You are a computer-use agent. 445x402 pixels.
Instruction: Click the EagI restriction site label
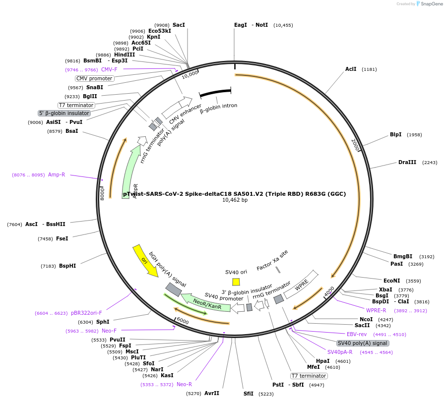click(240, 25)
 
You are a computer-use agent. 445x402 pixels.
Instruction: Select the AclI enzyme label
click(351, 69)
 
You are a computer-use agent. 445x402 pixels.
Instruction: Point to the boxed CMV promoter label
click(94, 78)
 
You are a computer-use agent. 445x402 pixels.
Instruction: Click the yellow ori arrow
click(145, 260)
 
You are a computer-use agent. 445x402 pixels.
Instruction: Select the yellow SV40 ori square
click(236, 282)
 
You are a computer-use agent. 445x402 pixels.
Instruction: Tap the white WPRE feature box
click(301, 285)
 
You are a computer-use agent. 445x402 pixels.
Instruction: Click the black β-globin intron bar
click(215, 93)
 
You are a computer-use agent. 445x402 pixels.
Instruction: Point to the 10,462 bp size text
click(234, 200)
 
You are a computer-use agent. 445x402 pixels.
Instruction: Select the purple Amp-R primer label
click(57, 174)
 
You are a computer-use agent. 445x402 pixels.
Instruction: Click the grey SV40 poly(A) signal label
click(363, 343)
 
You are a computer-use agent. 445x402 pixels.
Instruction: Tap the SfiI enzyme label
click(248, 394)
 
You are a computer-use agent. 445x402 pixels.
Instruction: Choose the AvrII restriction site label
click(212, 393)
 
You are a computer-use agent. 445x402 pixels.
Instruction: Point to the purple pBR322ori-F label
click(86, 313)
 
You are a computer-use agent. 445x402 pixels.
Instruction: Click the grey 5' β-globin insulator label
click(64, 113)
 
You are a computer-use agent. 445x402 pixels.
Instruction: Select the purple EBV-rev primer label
click(357, 334)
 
